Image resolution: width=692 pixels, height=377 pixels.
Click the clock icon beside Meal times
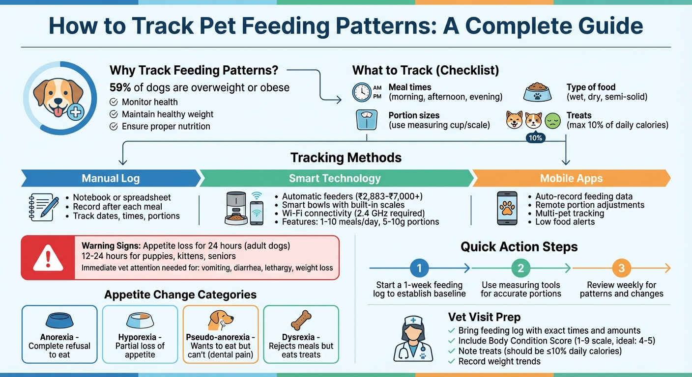[x=362, y=92]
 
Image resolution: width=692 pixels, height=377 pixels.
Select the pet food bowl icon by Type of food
[x=538, y=92]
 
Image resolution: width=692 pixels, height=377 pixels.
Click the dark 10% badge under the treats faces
[x=535, y=138]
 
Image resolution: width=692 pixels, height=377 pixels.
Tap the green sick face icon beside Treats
[x=553, y=120]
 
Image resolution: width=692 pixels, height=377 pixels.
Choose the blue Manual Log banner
[x=111, y=178]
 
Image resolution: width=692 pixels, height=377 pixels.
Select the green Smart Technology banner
[x=335, y=178]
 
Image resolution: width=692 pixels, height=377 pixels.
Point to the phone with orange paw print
[x=507, y=208]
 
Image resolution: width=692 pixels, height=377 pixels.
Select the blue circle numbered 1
[x=419, y=268]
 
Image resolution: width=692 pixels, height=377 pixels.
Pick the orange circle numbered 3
[x=621, y=268]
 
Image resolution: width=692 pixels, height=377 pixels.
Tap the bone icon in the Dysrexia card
[x=301, y=320]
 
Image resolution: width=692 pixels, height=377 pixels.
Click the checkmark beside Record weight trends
[x=452, y=361]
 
